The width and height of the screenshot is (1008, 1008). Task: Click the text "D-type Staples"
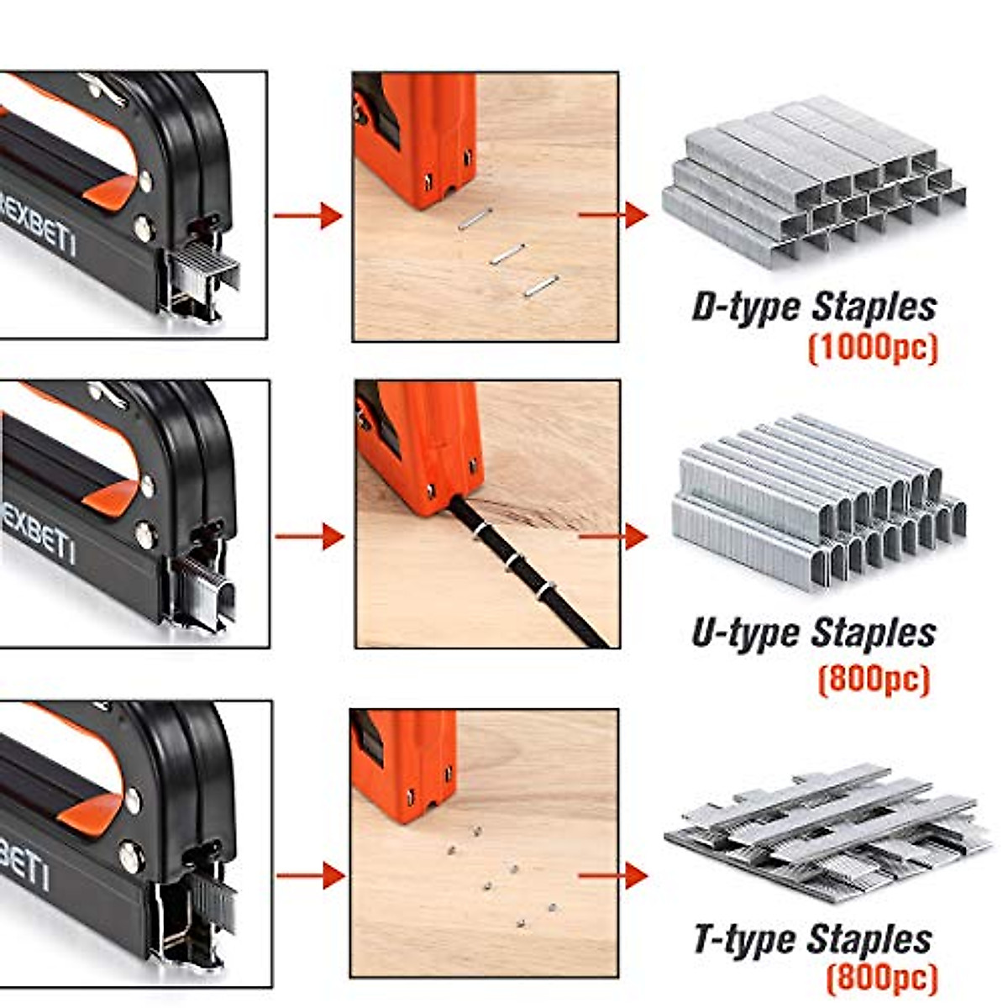(x=813, y=307)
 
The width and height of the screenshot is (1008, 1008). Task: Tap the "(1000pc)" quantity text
(x=872, y=347)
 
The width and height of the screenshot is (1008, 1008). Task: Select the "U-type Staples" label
(x=813, y=633)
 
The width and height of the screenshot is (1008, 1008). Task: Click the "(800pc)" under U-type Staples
(x=874, y=678)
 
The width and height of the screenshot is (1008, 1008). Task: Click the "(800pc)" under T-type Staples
(x=880, y=978)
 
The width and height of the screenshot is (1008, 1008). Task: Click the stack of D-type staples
(x=813, y=181)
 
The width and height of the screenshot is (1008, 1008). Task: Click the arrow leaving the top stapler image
(x=307, y=216)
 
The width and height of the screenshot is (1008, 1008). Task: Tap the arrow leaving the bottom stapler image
(x=311, y=876)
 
